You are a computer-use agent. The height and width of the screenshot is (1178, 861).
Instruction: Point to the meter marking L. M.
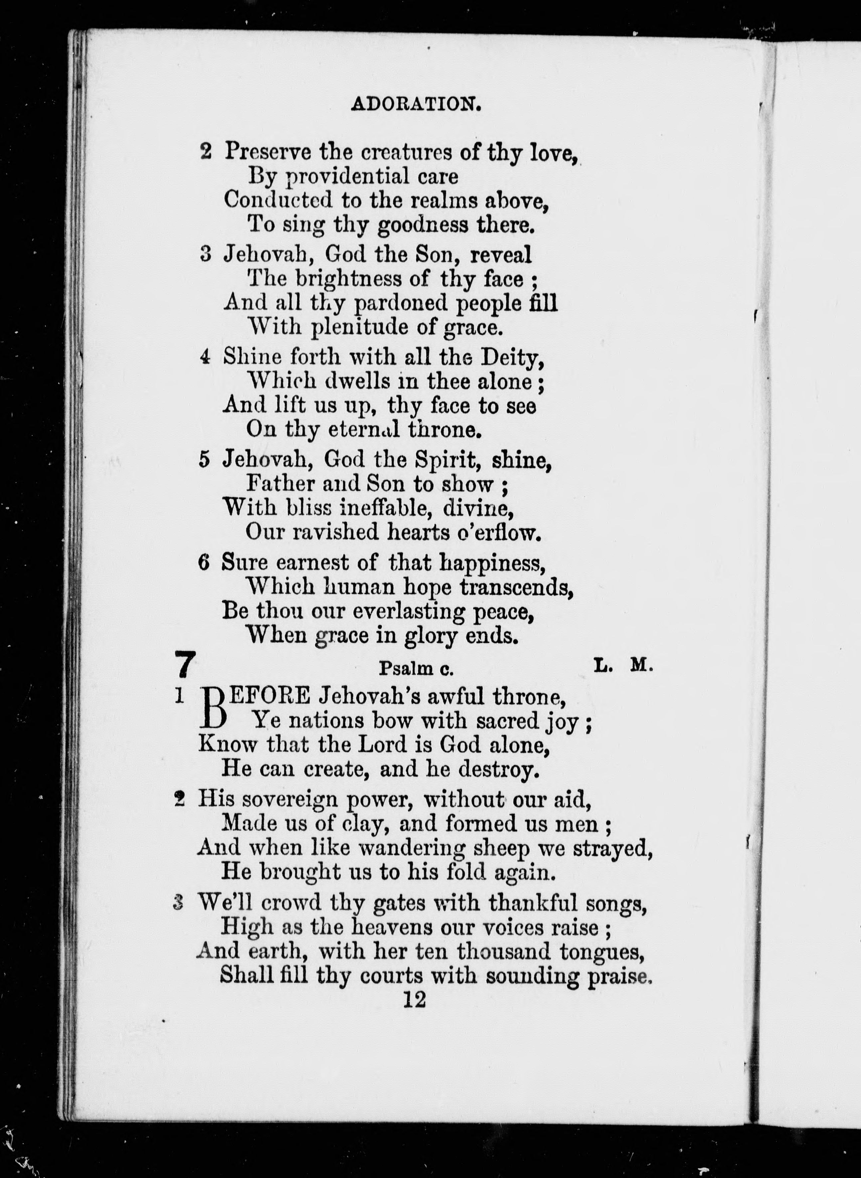pyautogui.click(x=623, y=666)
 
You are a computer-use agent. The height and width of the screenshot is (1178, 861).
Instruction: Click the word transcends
pyautogui.click(x=515, y=587)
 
